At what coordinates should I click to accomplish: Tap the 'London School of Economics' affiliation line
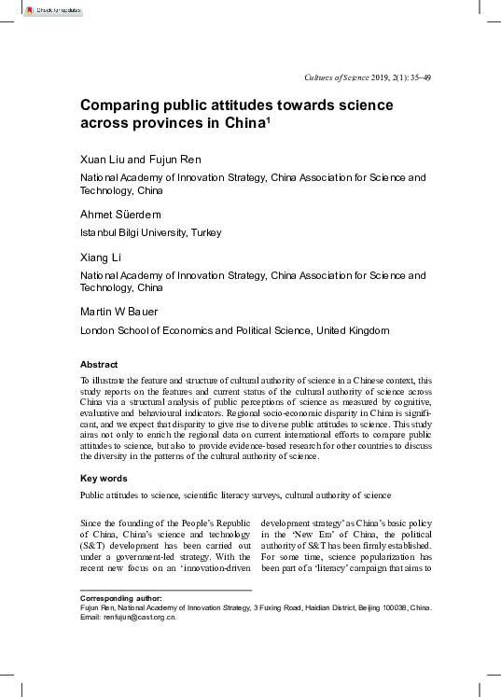click(x=234, y=330)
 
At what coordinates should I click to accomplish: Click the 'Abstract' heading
click(x=99, y=365)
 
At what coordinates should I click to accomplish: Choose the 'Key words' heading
click(x=103, y=478)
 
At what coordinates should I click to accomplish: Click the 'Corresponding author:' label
click(x=121, y=597)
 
